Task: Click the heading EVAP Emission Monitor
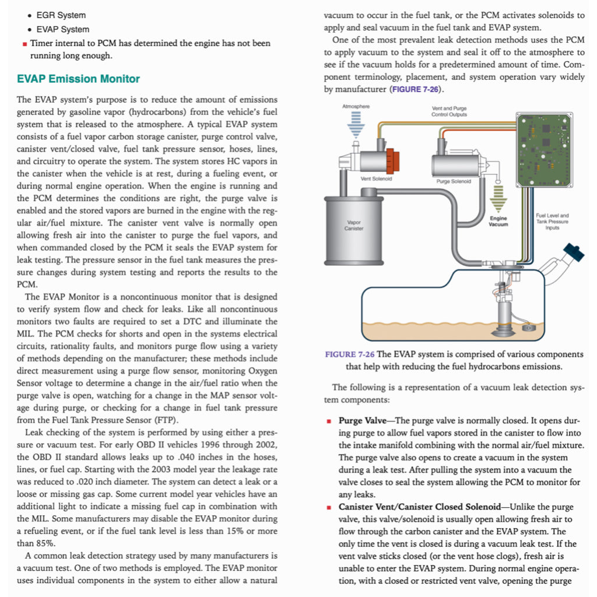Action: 78,79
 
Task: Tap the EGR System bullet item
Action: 61,15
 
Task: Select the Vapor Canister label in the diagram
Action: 354,225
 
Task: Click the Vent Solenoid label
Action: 376,178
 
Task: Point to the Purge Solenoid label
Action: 453,181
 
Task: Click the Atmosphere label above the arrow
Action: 356,107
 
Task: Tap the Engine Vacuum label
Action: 498,221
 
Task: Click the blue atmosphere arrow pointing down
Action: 356,125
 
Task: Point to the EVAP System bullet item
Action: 63,29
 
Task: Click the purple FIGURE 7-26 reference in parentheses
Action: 415,89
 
